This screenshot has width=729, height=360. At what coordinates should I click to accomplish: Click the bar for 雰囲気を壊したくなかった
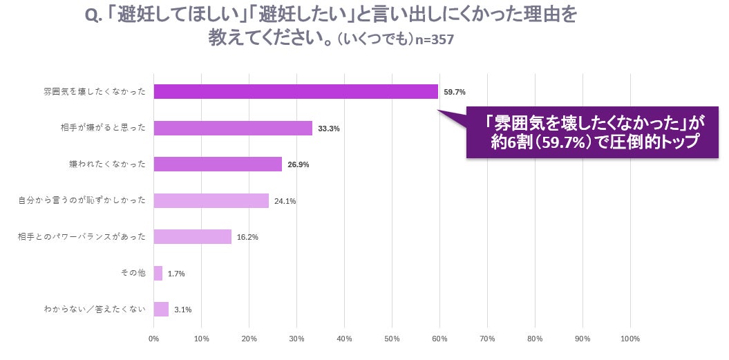[296, 92]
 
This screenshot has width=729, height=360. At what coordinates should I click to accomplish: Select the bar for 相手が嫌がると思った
[233, 128]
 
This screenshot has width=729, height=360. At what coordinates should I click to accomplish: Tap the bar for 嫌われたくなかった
[218, 164]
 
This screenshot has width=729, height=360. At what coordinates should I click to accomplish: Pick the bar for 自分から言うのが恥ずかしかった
[211, 200]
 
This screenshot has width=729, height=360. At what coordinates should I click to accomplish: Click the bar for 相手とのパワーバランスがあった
[193, 237]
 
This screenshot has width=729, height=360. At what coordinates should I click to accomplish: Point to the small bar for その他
[158, 273]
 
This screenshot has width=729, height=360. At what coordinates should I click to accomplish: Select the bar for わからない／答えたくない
[161, 310]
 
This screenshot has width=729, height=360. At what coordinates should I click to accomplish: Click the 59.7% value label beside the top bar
[454, 92]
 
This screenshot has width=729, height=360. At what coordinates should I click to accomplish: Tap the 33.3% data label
[329, 129]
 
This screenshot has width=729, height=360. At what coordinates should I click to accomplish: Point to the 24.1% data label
[285, 201]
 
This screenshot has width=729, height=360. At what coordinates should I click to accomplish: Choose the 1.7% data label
[176, 274]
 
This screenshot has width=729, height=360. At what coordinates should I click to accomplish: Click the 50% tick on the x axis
[392, 339]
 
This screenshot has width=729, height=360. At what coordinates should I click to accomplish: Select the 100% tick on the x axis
[630, 339]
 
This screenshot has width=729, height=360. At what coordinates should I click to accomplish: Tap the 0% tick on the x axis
[154, 339]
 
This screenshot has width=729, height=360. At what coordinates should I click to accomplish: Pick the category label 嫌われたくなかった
[107, 164]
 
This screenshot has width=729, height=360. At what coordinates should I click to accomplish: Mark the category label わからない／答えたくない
[95, 310]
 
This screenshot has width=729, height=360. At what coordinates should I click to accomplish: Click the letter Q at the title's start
[91, 17]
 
